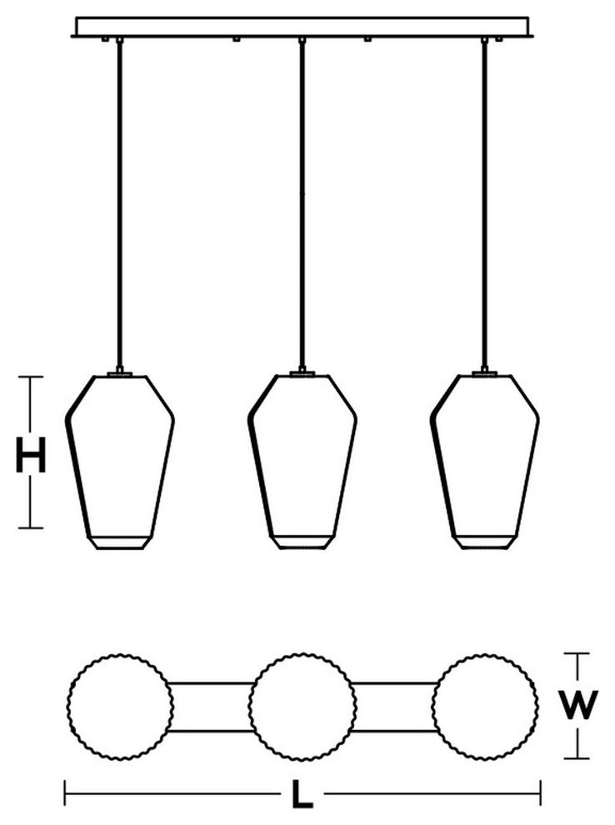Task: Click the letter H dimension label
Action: click(x=31, y=454)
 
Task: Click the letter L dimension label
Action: click(x=302, y=794)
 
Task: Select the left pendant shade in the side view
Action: click(x=120, y=462)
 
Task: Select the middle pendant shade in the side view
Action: click(x=302, y=462)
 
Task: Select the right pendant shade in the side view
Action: click(x=484, y=462)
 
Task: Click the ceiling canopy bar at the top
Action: click(x=302, y=27)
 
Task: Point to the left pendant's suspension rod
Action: click(x=120, y=205)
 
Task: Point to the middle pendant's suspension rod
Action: click(x=302, y=205)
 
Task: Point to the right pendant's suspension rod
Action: click(x=484, y=205)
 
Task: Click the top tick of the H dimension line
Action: click(x=31, y=377)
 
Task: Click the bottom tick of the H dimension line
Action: click(x=31, y=527)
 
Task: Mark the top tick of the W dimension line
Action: click(x=577, y=653)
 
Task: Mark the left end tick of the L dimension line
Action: click(x=65, y=793)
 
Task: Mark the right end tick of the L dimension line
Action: click(x=540, y=793)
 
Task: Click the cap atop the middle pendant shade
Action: click(x=302, y=373)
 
